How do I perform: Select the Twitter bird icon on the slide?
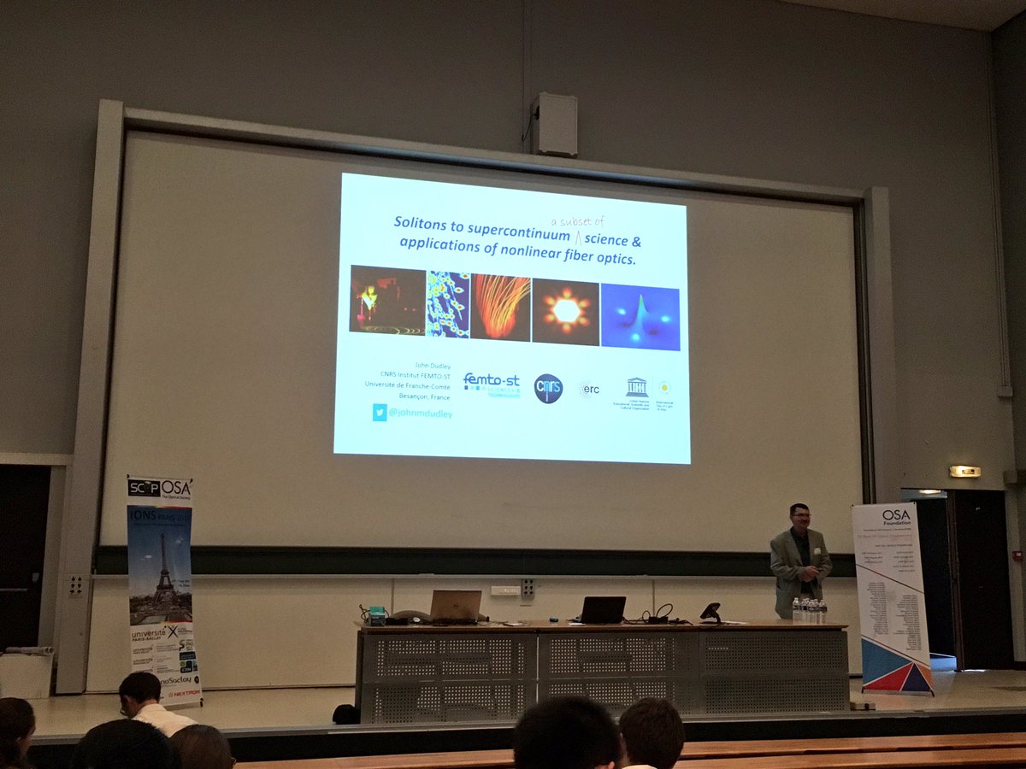(x=379, y=412)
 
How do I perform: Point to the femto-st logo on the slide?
(x=491, y=384)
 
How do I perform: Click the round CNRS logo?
(x=548, y=388)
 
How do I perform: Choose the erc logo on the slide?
(x=590, y=389)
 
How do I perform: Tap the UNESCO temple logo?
(x=636, y=387)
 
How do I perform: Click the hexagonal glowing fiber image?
(x=565, y=310)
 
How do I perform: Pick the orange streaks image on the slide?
(x=500, y=307)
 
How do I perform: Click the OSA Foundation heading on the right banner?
(x=896, y=517)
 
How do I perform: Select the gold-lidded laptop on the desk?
(x=455, y=605)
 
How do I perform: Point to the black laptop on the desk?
(x=603, y=609)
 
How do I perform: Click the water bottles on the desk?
(x=809, y=610)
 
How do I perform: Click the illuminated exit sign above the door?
(x=964, y=471)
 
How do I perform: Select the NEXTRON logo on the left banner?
(x=180, y=694)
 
